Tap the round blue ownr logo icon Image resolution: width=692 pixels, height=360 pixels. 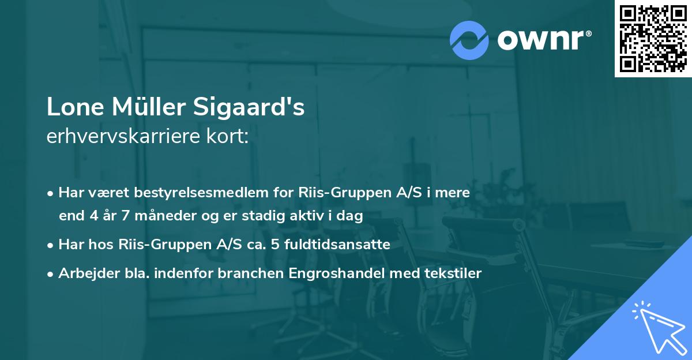pos(469,39)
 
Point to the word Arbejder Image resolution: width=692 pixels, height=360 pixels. pos(84,273)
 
